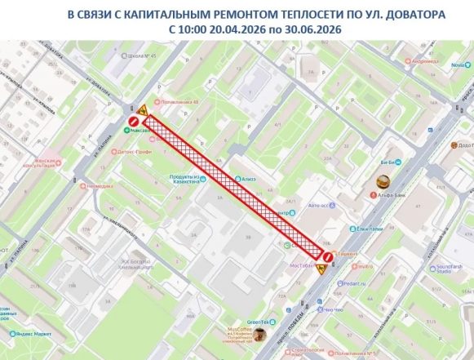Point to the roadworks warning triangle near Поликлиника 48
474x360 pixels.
click(142, 109)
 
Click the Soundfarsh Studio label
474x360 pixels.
click(448, 267)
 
